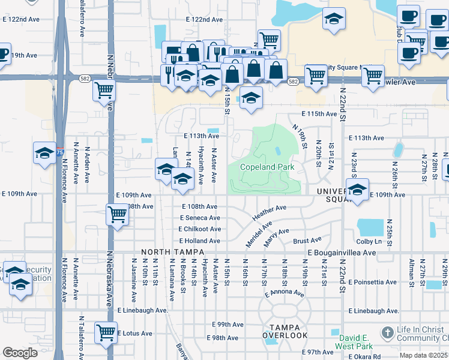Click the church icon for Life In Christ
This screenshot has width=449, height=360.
pyautogui.click(x=388, y=332)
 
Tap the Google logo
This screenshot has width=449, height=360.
pyautogui.click(x=19, y=353)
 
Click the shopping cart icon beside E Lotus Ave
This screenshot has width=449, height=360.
pyautogui.click(x=106, y=331)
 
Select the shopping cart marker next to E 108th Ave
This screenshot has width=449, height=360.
pyautogui.click(x=117, y=214)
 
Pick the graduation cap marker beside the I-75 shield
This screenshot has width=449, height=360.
pyautogui.click(x=44, y=154)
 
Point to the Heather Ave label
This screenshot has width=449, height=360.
pyautogui.click(x=270, y=211)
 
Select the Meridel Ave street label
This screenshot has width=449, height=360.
pyautogui.click(x=259, y=232)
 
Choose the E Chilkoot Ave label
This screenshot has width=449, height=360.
pyautogui.click(x=199, y=229)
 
